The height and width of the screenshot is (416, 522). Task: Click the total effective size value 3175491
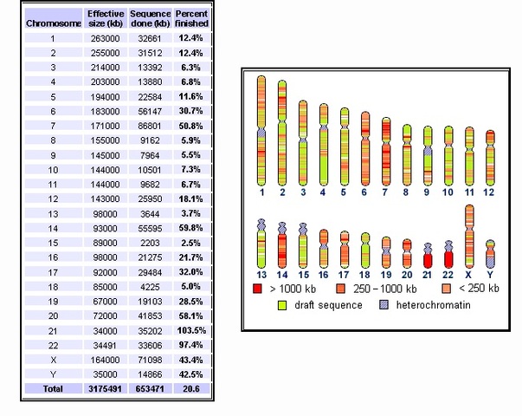click(105, 389)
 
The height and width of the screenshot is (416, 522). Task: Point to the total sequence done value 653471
click(148, 389)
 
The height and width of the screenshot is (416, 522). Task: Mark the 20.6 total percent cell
click(191, 389)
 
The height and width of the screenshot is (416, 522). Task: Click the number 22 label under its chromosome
click(448, 275)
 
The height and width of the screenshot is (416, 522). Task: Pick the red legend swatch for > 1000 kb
click(257, 288)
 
